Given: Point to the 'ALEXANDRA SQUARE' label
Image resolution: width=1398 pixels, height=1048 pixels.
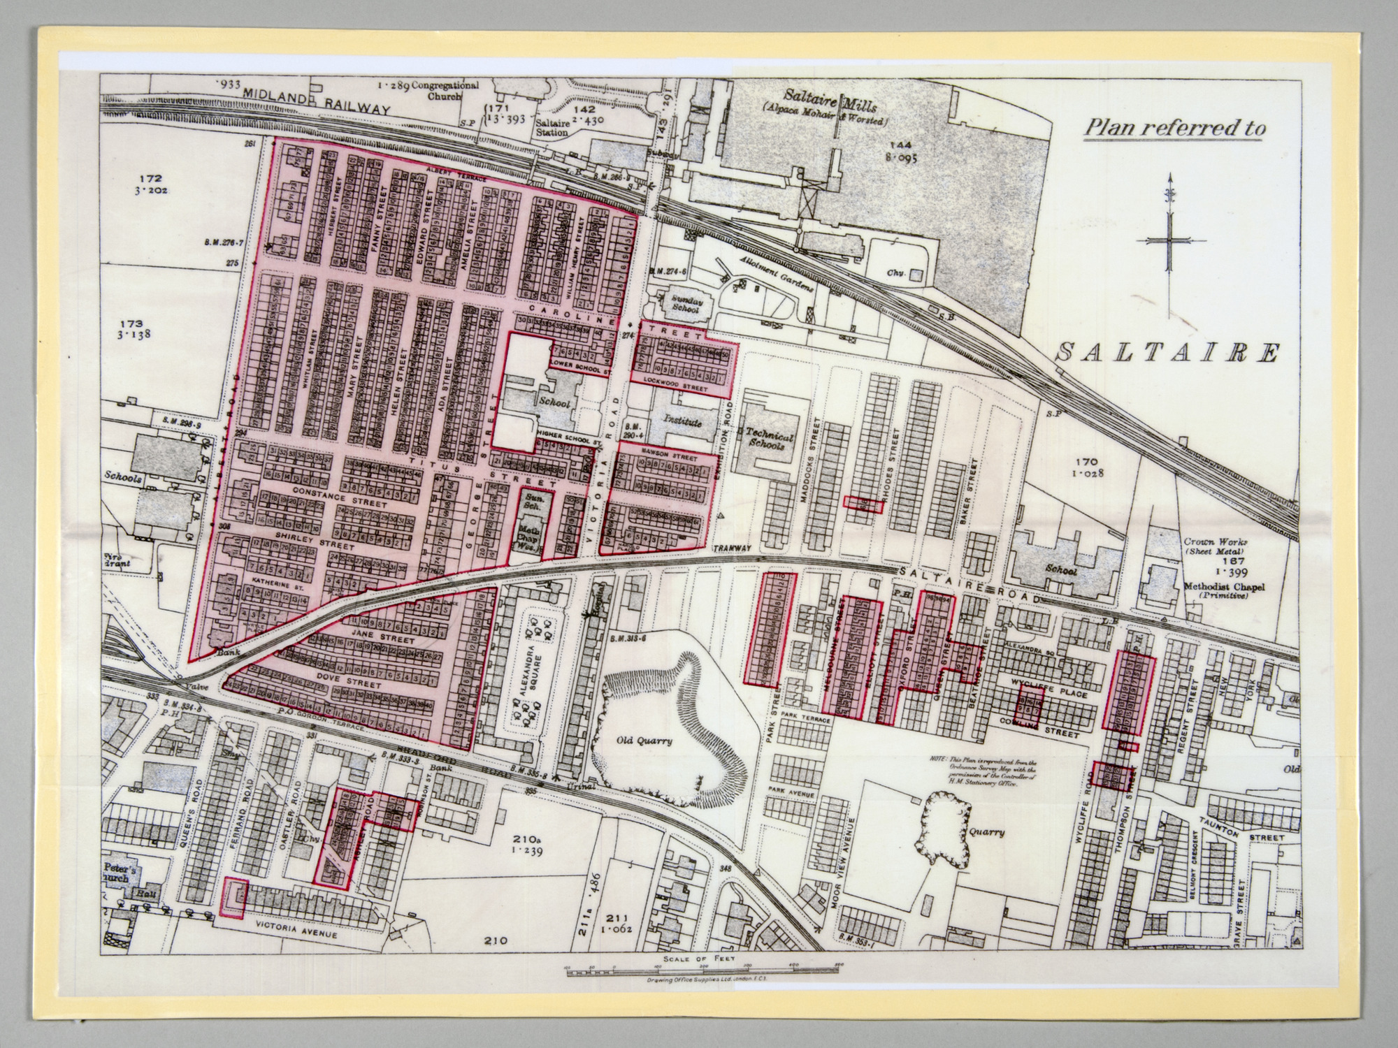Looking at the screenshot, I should click(x=529, y=681).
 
